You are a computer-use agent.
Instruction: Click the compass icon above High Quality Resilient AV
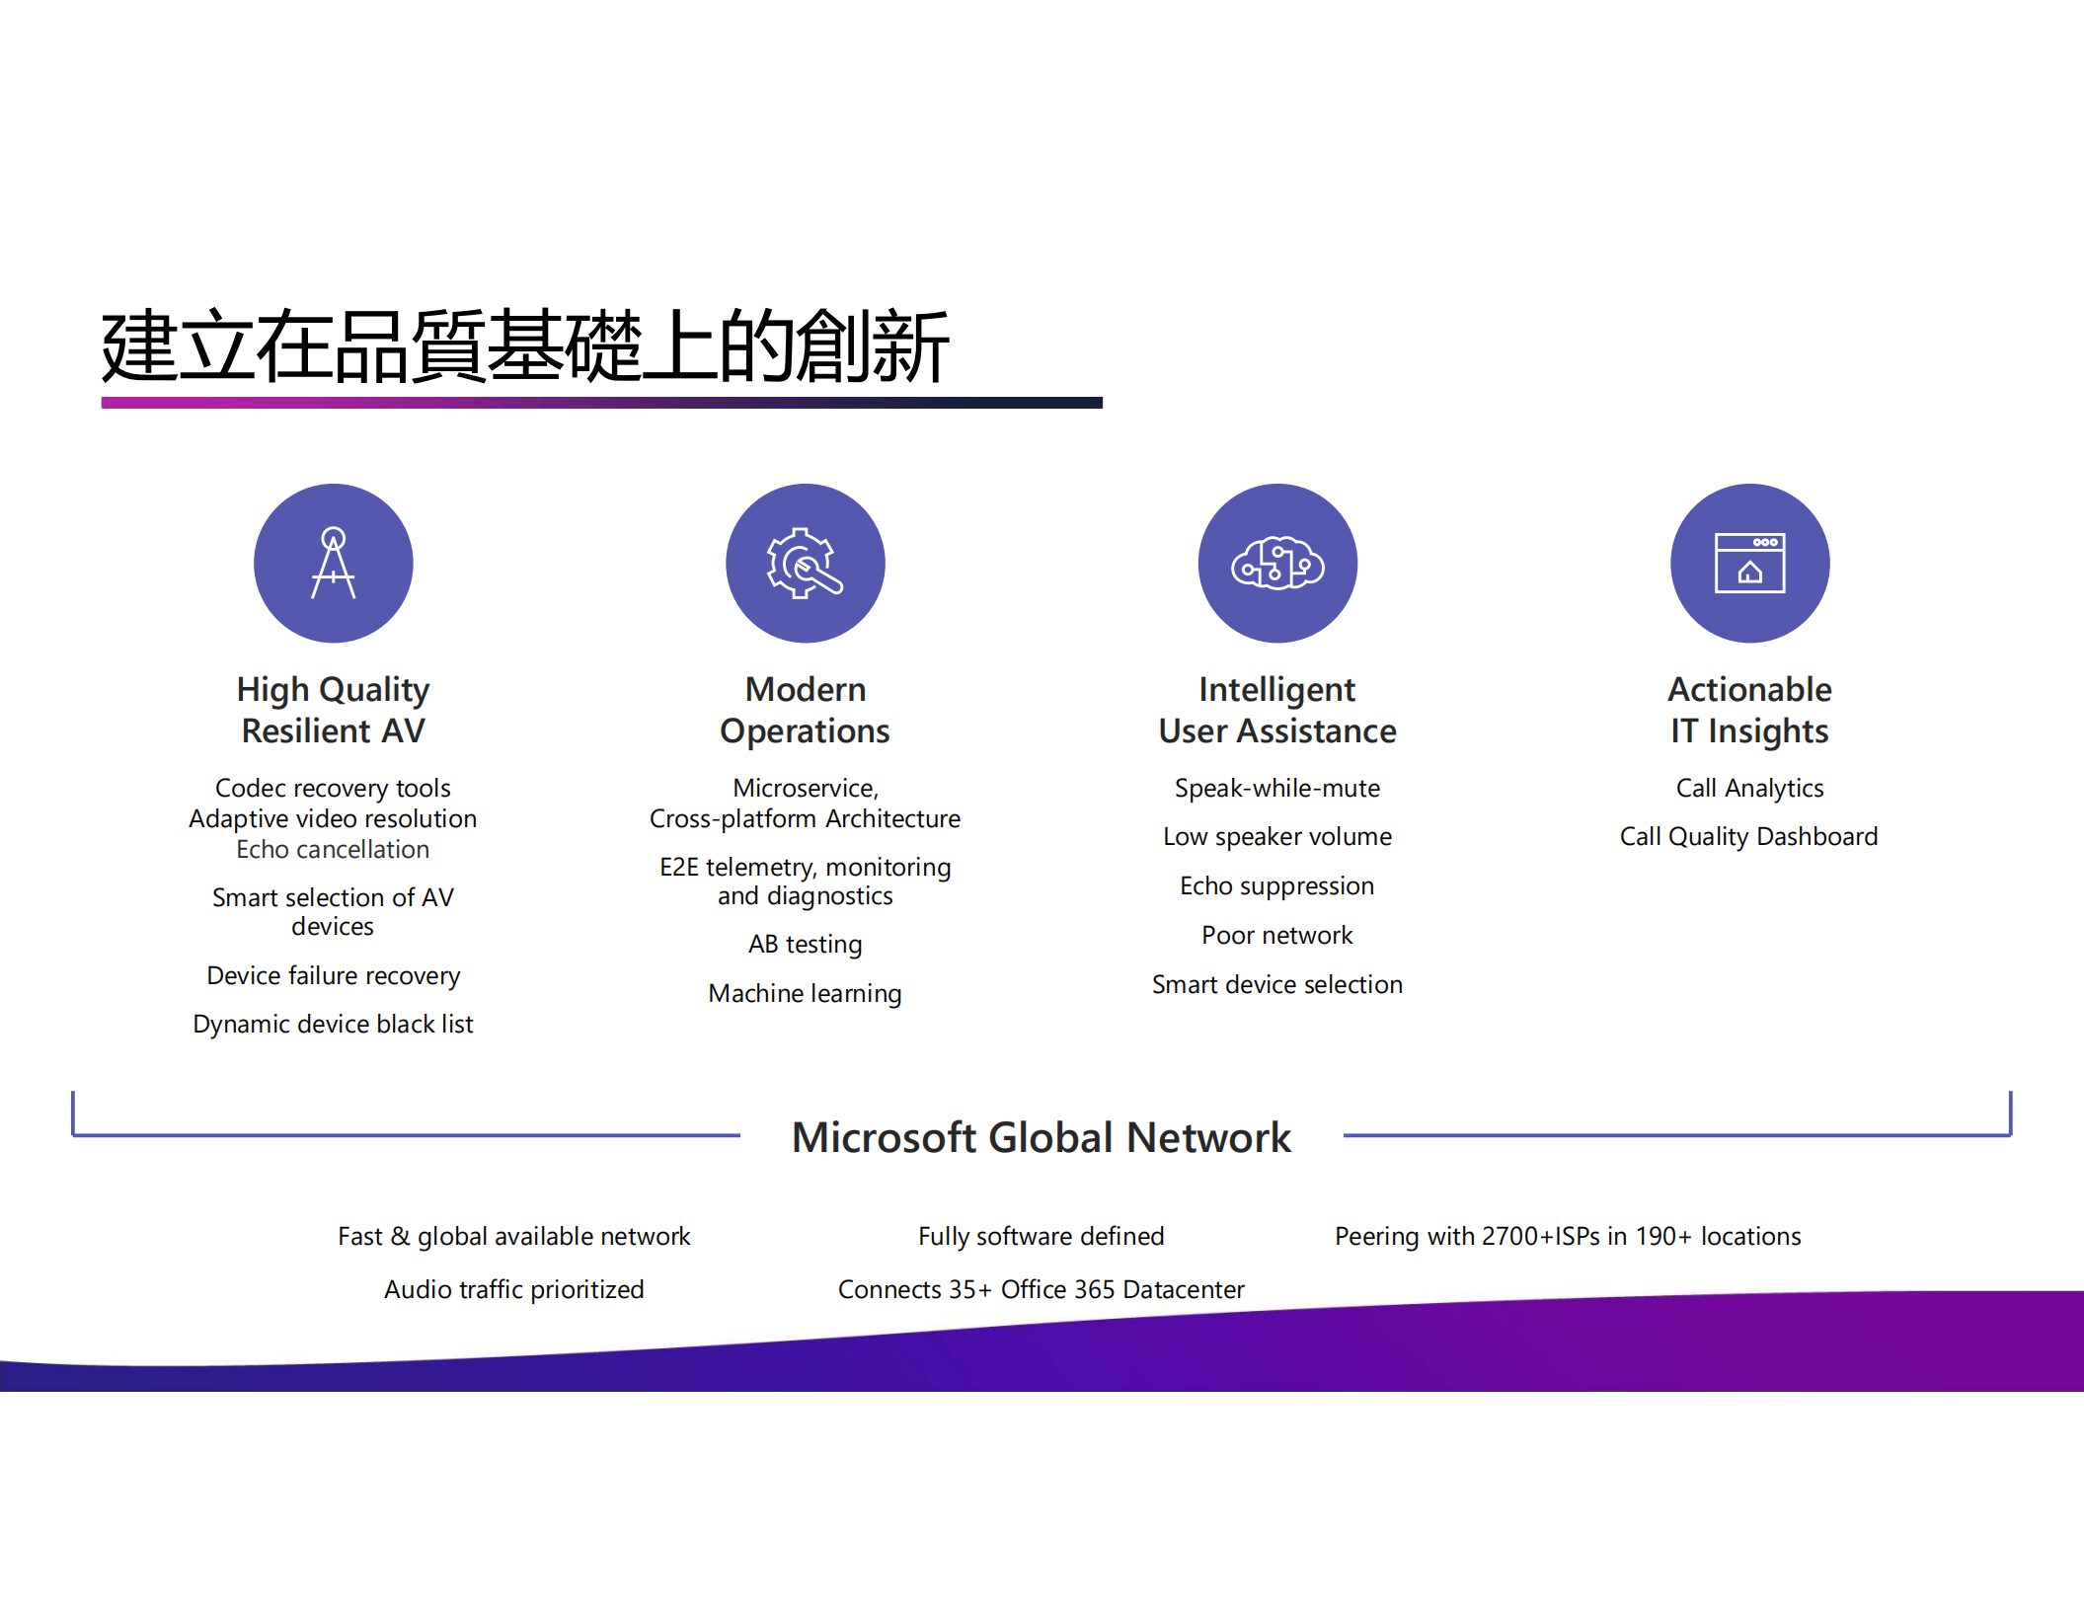tap(334, 564)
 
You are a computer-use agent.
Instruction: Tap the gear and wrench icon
tap(806, 564)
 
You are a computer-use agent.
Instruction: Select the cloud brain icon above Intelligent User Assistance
tap(1277, 564)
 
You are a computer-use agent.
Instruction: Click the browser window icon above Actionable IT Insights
tap(1749, 564)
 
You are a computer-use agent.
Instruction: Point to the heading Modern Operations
tap(806, 710)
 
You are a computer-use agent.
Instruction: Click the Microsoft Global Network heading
tap(1042, 1138)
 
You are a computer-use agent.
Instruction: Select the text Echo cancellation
tap(333, 850)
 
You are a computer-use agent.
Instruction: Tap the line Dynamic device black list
tap(333, 1025)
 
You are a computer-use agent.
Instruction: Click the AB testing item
tap(806, 945)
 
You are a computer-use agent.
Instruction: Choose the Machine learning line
tap(806, 994)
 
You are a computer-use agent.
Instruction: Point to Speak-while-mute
tap(1277, 789)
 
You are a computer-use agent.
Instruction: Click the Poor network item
tap(1277, 936)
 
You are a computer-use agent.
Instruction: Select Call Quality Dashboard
tap(1748, 837)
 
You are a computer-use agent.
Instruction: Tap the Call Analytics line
tap(1749, 789)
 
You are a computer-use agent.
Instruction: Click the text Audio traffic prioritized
tap(513, 1290)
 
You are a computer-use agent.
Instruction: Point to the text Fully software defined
tap(1042, 1237)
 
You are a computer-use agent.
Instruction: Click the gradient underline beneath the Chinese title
tap(601, 403)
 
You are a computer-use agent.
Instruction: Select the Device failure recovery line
tap(333, 976)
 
